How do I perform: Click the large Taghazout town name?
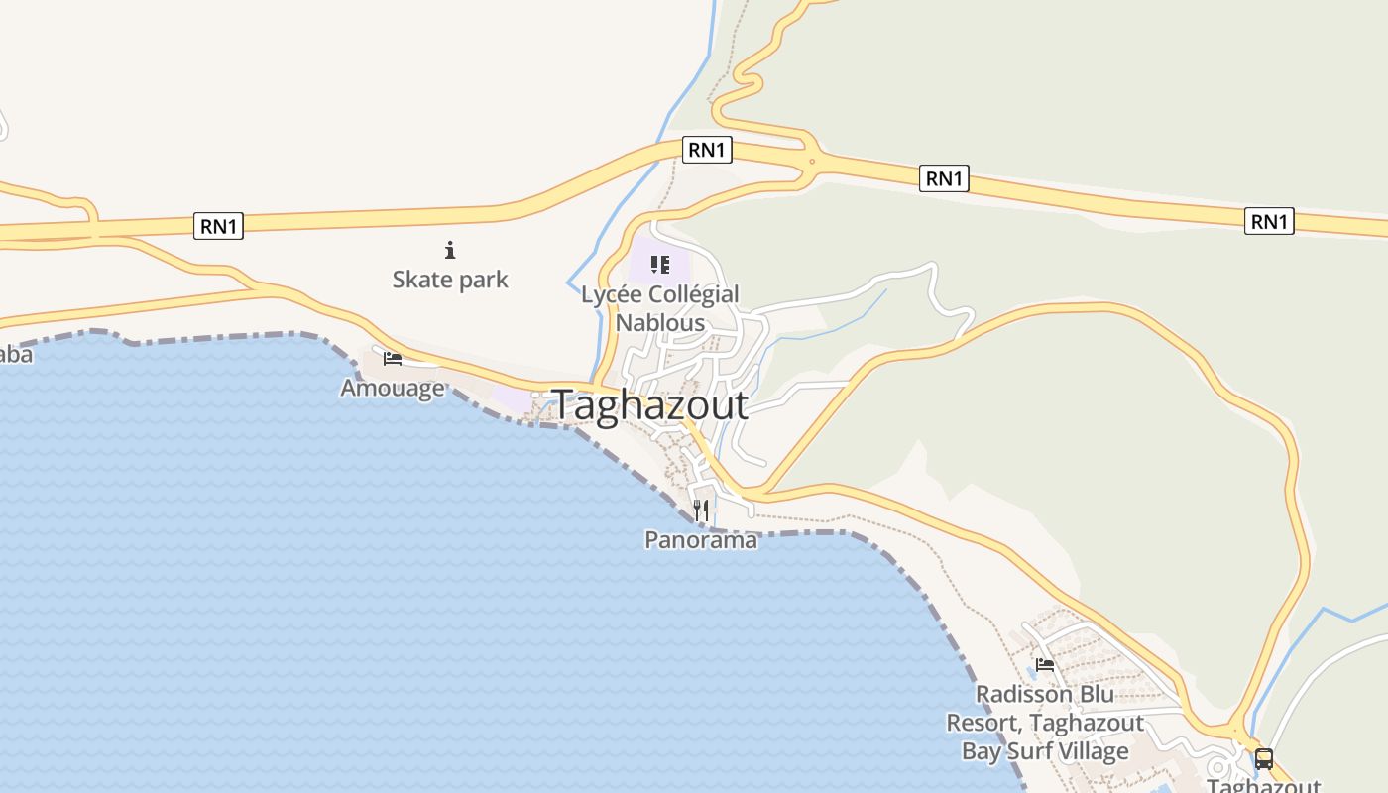pos(649,405)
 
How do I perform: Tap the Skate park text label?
pos(450,280)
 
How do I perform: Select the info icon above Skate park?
pos(450,250)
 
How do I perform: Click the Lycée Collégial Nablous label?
pos(660,308)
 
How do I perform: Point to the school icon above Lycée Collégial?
pos(660,265)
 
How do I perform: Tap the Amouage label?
pos(393,388)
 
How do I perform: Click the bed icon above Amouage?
pos(393,358)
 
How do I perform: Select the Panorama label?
pos(701,540)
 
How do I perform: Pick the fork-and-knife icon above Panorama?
pos(701,510)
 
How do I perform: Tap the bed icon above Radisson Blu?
pos(1045,664)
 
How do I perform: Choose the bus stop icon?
pos(1264,759)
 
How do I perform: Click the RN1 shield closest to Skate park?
pos(218,226)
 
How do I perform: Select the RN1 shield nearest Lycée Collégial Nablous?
pos(707,150)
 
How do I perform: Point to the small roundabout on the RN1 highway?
pos(812,162)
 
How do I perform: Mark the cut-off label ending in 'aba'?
pos(15,355)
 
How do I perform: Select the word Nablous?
pos(660,323)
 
